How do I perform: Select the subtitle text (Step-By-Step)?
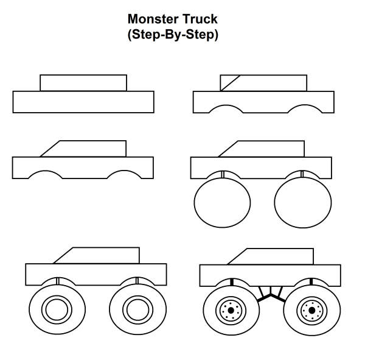click(x=173, y=35)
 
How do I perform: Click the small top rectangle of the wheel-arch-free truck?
click(x=83, y=83)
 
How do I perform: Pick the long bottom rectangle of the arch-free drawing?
click(x=83, y=102)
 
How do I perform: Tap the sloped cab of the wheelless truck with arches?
click(x=85, y=148)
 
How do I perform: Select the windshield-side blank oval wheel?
click(x=222, y=200)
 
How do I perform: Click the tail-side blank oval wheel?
click(x=302, y=200)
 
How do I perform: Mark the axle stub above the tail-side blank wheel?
click(x=302, y=175)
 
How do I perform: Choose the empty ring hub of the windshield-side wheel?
click(x=55, y=309)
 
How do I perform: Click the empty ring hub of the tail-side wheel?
click(x=136, y=309)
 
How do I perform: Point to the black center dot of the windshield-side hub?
click(x=231, y=311)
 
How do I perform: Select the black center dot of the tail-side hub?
click(x=311, y=311)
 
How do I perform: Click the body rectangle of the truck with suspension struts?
click(x=271, y=275)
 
